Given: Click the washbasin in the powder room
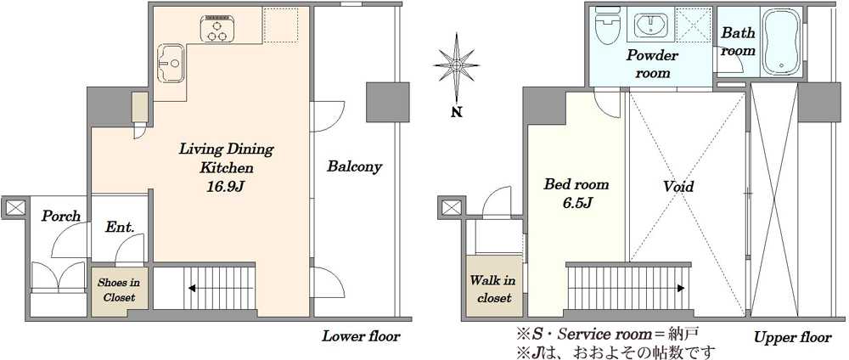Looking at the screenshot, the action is (649, 25).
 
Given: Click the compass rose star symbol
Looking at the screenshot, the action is (457, 65).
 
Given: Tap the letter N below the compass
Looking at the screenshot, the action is (457, 113).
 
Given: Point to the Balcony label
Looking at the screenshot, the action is (354, 166).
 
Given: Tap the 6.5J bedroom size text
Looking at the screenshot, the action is (576, 203).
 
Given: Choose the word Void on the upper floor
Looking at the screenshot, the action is (678, 187).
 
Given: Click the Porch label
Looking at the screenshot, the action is (61, 216).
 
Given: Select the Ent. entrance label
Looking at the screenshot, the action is (120, 227).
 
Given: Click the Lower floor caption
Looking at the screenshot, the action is (361, 336).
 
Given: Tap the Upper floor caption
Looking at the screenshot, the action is (793, 338).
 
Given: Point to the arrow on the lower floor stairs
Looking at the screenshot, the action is (219, 289).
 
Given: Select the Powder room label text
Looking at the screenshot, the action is (652, 64).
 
